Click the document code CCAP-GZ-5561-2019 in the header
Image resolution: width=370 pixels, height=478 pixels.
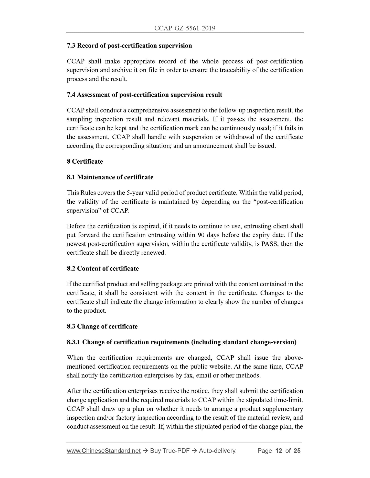click(185, 28)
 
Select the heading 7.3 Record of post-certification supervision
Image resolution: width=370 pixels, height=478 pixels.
click(129, 46)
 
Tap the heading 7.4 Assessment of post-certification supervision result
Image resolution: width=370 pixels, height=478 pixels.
click(144, 95)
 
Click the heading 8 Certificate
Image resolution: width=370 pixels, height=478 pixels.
click(85, 162)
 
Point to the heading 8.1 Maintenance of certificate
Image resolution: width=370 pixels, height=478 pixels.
click(110, 177)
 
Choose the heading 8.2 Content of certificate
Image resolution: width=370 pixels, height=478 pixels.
click(103, 269)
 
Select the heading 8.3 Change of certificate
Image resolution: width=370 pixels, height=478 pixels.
click(102, 326)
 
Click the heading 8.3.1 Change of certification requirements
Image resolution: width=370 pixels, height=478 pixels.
click(182, 342)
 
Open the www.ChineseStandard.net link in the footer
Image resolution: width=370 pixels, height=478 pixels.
click(104, 451)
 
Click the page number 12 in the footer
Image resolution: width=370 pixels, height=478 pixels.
click(278, 451)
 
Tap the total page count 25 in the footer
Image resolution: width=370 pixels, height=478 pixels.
click(297, 451)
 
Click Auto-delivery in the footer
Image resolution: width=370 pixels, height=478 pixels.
click(217, 451)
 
